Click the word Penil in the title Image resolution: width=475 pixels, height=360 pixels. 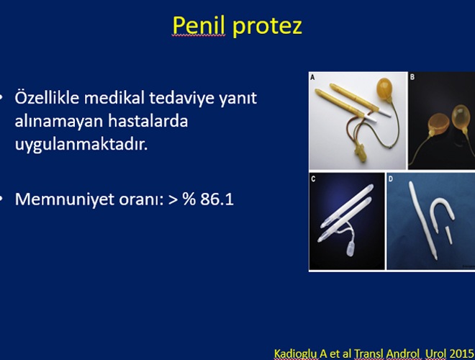click(199, 25)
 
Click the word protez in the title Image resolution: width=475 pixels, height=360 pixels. click(268, 27)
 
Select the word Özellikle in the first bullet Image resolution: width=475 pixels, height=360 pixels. click(47, 98)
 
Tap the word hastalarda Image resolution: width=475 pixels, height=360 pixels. click(148, 121)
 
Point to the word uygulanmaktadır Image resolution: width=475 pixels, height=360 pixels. click(81, 145)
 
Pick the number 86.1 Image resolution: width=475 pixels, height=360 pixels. click(217, 199)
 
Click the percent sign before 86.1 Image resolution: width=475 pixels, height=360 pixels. click(189, 199)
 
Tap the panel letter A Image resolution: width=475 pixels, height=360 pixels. click(312, 78)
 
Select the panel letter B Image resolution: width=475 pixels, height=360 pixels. click(412, 77)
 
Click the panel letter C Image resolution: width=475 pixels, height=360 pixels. click(313, 179)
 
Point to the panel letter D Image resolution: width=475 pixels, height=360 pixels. click(391, 179)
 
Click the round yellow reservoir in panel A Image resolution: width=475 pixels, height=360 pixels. click(384, 89)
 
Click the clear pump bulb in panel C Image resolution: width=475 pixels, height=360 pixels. click(350, 248)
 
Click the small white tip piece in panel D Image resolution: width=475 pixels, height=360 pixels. click(448, 235)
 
